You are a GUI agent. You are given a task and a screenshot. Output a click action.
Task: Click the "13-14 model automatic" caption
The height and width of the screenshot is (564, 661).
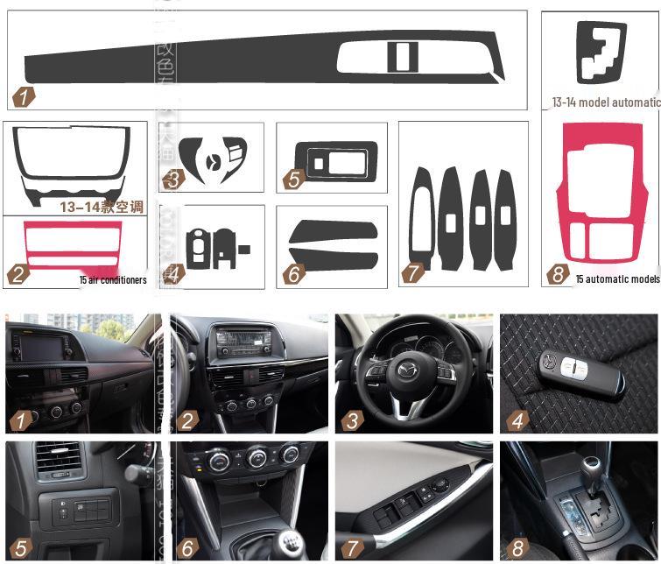point(605,102)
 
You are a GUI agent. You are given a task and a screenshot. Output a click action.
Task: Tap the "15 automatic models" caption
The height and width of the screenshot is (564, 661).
point(617,279)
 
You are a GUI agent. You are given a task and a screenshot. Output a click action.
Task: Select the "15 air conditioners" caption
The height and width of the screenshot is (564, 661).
point(112,280)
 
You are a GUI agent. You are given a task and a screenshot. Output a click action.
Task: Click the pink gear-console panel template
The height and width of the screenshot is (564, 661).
point(600,197)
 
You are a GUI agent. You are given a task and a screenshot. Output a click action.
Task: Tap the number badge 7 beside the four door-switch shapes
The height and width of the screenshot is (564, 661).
point(411,273)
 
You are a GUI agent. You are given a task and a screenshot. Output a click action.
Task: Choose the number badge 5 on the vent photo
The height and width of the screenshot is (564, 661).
point(19,549)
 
